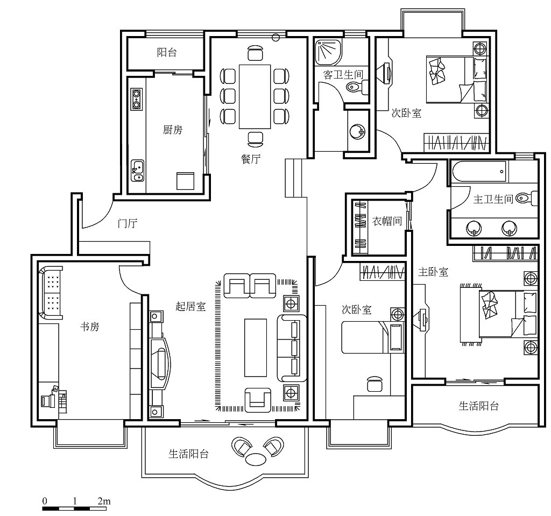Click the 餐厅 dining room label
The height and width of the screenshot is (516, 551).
pyautogui.click(x=251, y=159)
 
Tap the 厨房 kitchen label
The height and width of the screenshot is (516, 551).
pyautogui.click(x=173, y=130)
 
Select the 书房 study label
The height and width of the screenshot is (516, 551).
pyautogui.click(x=90, y=327)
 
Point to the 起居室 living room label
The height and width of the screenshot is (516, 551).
pyautogui.click(x=190, y=307)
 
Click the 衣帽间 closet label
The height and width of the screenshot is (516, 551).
pyautogui.click(x=387, y=221)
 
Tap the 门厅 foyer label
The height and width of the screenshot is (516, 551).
pyautogui.click(x=128, y=223)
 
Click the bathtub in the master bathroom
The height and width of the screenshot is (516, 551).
pyautogui.click(x=479, y=172)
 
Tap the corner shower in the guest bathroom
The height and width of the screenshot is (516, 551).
pyautogui.click(x=328, y=52)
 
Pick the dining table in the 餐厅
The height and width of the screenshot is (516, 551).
pyautogui.click(x=255, y=97)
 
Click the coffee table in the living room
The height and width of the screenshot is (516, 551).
pyautogui.click(x=256, y=348)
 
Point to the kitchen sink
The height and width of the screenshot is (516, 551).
pyautogui.click(x=137, y=171)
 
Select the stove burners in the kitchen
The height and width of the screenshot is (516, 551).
pyautogui.click(x=136, y=99)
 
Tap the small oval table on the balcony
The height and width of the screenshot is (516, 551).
pyautogui.click(x=256, y=459)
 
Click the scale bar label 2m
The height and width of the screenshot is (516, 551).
pyautogui.click(x=104, y=501)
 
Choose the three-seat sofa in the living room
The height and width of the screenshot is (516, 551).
pyautogui.click(x=292, y=348)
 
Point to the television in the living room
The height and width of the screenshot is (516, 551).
pyautogui.click(x=160, y=364)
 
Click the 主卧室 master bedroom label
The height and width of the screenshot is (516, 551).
pyautogui.click(x=433, y=272)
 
